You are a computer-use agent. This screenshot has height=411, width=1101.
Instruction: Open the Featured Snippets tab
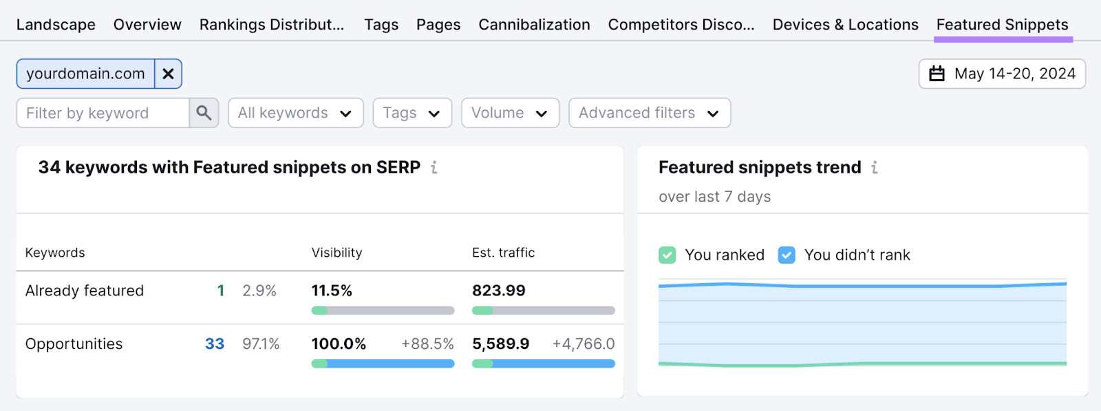point(1002,25)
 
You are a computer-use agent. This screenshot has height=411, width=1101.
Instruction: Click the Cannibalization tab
point(534,25)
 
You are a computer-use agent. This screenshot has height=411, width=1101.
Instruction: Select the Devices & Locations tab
point(845,25)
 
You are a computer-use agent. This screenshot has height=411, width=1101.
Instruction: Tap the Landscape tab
point(56,25)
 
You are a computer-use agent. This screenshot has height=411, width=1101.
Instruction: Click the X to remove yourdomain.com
point(168,74)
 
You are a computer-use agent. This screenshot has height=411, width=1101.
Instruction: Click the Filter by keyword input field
point(103,113)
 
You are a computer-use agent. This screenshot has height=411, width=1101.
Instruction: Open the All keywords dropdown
point(295,113)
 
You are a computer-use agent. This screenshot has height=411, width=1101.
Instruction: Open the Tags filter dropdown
point(411,113)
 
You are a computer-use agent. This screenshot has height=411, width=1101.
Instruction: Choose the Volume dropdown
point(510,113)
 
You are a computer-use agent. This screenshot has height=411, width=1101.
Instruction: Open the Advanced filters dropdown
point(649,113)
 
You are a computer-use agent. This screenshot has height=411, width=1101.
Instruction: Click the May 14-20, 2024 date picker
point(1002,74)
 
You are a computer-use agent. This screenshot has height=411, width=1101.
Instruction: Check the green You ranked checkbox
point(667,255)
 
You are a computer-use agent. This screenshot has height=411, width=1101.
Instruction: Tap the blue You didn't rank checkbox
point(787,255)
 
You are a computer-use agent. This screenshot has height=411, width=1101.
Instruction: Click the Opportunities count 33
point(215,344)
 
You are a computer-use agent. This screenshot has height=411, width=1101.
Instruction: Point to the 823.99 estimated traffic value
point(498,291)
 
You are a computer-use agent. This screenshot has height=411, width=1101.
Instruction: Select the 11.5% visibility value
point(332,291)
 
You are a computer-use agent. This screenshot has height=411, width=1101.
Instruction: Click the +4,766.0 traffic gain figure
point(583,344)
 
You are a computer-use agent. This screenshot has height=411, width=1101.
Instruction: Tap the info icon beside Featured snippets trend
point(875,167)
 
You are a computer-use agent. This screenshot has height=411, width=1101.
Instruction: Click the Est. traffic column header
point(503,253)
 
